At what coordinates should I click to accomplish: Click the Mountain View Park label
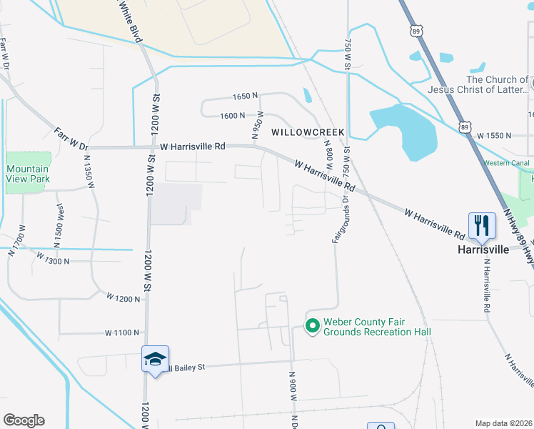pyautogui.click(x=27, y=174)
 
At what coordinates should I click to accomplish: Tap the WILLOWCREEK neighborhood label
pyautogui.click(x=308, y=132)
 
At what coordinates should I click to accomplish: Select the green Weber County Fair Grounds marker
pyautogui.click(x=312, y=326)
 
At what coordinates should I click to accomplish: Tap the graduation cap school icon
pyautogui.click(x=154, y=360)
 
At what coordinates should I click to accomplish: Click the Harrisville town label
pyautogui.click(x=483, y=250)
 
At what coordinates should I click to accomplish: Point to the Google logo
pyautogui.click(x=24, y=420)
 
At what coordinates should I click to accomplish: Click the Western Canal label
pyautogui.click(x=506, y=164)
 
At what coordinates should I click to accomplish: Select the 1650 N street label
pyautogui.click(x=245, y=96)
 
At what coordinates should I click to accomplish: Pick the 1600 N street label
pyautogui.click(x=233, y=115)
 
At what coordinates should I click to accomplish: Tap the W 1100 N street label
pyautogui.click(x=121, y=332)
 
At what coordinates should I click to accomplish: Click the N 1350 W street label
pyautogui.click(x=89, y=172)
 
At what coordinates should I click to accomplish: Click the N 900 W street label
pyautogui.click(x=293, y=388)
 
